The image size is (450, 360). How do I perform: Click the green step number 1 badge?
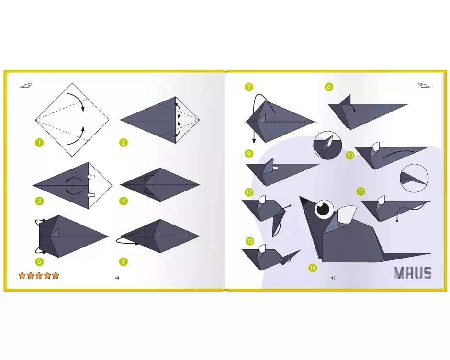pyautogui.click(x=39, y=142)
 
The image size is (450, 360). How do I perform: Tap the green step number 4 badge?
pyautogui.click(x=124, y=201)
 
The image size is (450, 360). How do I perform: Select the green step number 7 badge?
pyautogui.click(x=249, y=87)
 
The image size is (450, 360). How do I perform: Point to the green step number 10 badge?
pyautogui.click(x=350, y=155)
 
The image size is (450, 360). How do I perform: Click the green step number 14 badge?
pyautogui.click(x=313, y=268)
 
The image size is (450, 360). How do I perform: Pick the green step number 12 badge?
pyautogui.click(x=249, y=192)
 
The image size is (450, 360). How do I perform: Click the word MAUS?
pyautogui.click(x=413, y=273)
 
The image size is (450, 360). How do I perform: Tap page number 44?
pyautogui.click(x=117, y=278)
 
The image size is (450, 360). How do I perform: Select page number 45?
pyautogui.click(x=333, y=278)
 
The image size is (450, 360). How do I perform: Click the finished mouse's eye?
pyautogui.click(x=324, y=209)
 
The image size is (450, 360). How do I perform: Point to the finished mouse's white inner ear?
pyautogui.click(x=347, y=214)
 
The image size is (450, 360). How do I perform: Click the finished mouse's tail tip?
pyautogui.click(x=430, y=253)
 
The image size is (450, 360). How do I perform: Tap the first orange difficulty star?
pyautogui.click(x=22, y=276)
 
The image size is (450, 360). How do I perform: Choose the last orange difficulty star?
pyautogui.click(x=56, y=276)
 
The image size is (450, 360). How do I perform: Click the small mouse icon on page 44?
pyautogui.click(x=26, y=85)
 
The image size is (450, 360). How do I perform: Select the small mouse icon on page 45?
pyautogui.click(x=425, y=85)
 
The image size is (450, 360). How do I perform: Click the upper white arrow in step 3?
pyautogui.click(x=90, y=176)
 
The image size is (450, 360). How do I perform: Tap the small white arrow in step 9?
pyautogui.click(x=275, y=168)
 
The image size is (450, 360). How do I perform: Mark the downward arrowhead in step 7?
pyautogui.click(x=254, y=141)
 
